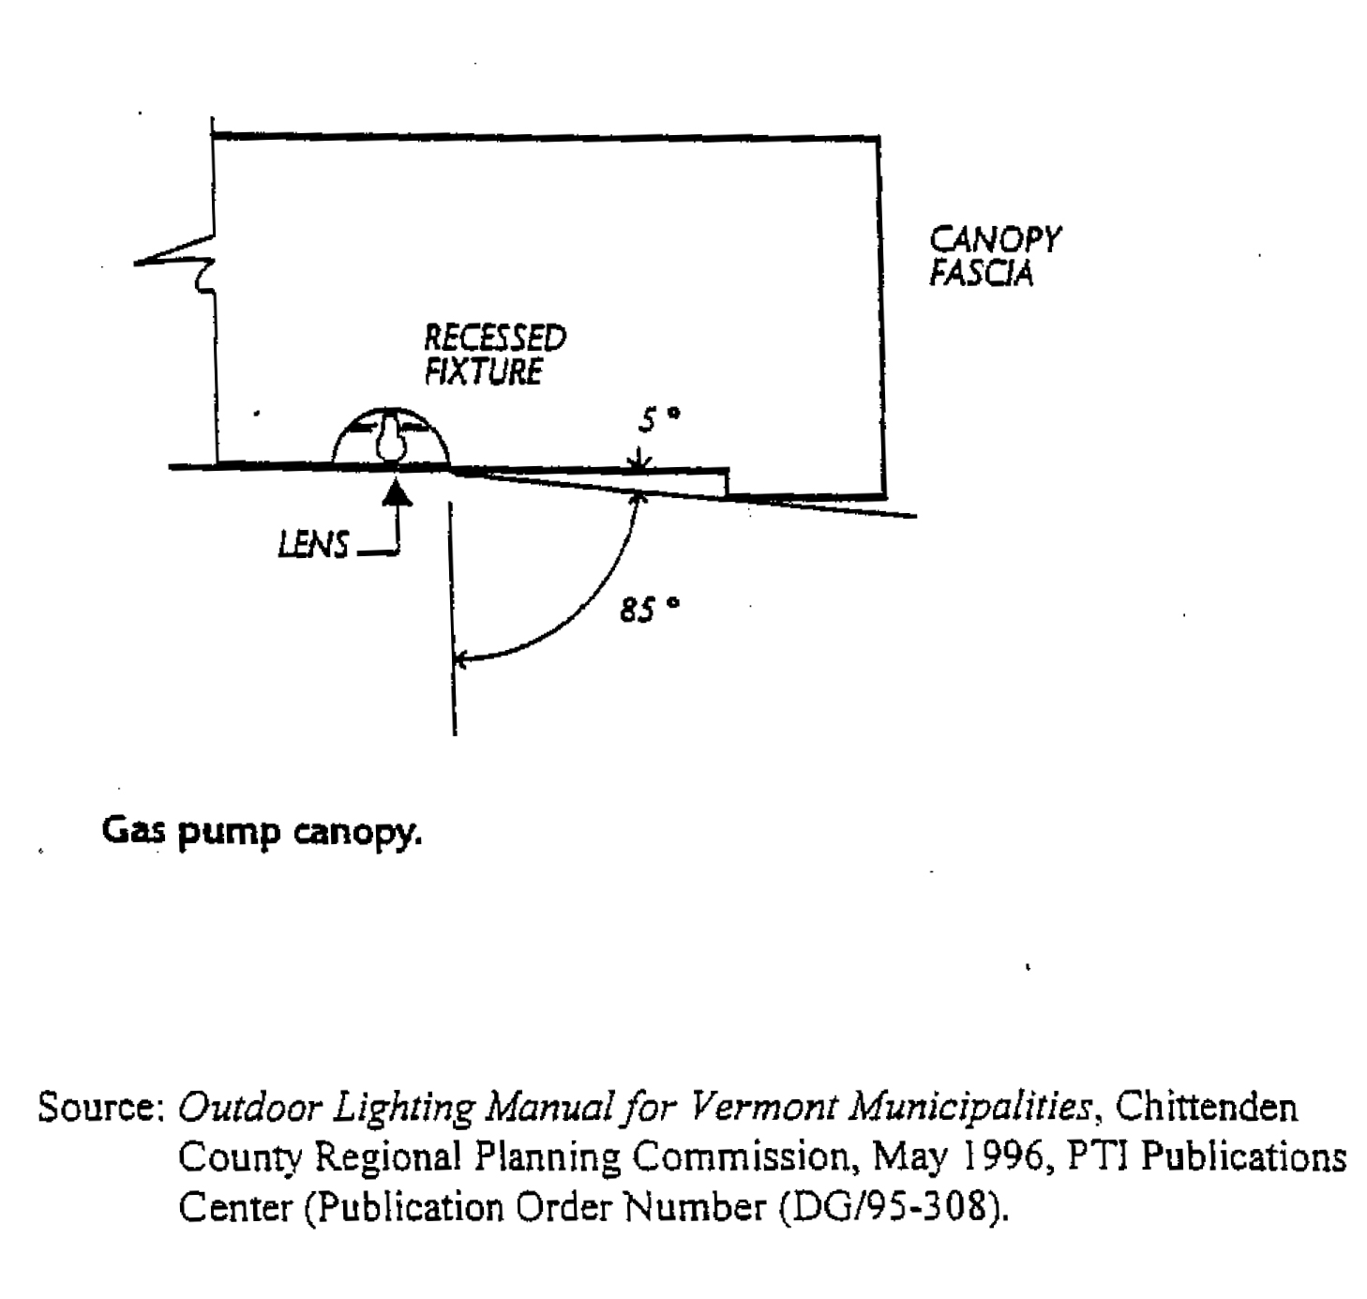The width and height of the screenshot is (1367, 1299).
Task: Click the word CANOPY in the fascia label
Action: click(x=994, y=239)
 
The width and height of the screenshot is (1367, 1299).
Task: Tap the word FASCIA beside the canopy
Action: click(x=981, y=274)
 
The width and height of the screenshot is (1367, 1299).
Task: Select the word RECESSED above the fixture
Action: click(x=495, y=338)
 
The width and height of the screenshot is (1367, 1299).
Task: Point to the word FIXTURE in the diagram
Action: click(x=483, y=371)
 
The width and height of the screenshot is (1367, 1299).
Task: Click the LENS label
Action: click(x=313, y=544)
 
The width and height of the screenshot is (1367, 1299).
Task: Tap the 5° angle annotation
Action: click(x=657, y=419)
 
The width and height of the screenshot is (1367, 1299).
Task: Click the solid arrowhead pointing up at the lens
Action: click(x=398, y=491)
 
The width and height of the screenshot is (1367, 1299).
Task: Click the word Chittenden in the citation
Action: click(x=1208, y=1108)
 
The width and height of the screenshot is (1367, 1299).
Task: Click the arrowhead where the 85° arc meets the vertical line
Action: click(x=459, y=660)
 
